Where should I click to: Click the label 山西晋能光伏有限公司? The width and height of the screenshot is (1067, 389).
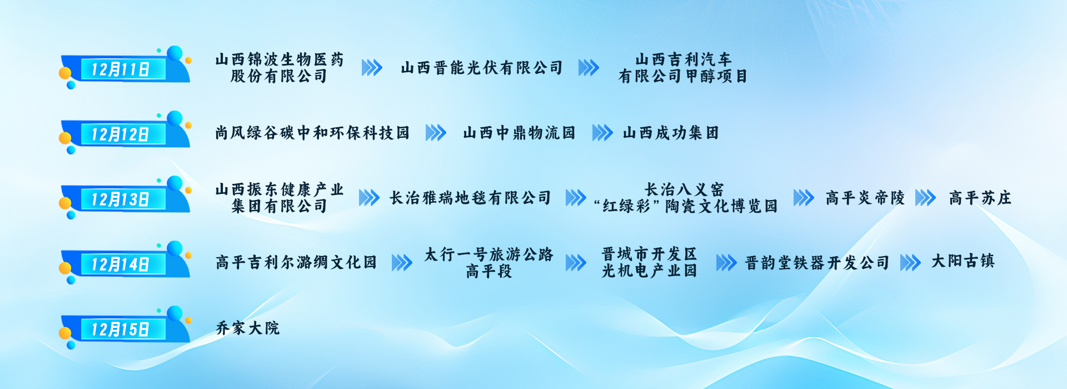tap(482, 68)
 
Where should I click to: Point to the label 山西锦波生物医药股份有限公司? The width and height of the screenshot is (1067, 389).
tap(280, 68)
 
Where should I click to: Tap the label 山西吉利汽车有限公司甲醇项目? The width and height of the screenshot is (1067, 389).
tap(683, 68)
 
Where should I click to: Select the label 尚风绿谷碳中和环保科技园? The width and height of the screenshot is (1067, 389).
tap(312, 133)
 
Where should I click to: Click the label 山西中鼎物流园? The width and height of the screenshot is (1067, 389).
tap(519, 133)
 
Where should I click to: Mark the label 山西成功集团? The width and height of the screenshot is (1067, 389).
tap(671, 133)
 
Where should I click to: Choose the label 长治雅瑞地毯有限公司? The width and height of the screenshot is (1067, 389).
tap(470, 198)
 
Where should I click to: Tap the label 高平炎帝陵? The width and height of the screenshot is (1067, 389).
tap(865, 198)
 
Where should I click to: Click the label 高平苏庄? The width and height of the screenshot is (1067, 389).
tap(980, 198)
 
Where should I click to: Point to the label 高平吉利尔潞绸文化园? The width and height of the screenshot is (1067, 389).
tap(296, 262)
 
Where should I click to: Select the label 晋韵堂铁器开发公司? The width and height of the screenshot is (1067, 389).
tap(817, 263)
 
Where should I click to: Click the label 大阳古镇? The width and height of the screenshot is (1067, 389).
tap(963, 261)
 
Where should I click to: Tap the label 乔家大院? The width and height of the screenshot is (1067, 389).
tap(247, 328)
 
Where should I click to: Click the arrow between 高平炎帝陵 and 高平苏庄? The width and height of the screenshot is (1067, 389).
tap(925, 198)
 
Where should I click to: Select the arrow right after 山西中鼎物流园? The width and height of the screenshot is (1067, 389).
tap(602, 133)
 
